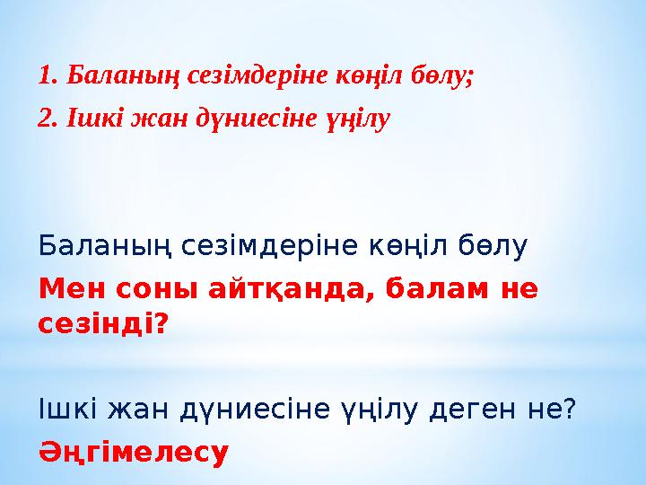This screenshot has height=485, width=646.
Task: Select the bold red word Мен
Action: (68, 291)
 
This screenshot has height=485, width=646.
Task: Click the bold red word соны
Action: (147, 291)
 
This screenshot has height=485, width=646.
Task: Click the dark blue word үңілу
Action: (378, 410)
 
